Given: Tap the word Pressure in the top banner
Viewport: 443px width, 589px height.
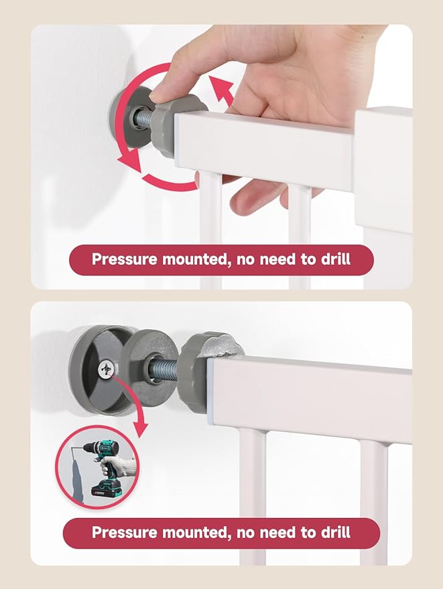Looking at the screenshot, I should click(123, 259).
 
